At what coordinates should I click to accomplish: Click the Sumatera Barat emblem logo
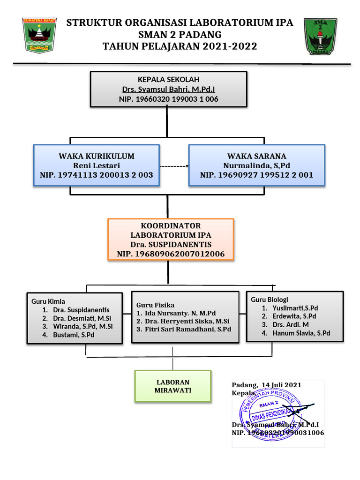point(39,35)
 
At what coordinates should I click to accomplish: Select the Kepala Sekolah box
point(168,89)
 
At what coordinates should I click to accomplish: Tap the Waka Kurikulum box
point(96,165)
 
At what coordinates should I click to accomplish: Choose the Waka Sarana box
point(256,165)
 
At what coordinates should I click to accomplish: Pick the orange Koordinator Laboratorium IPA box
point(171,240)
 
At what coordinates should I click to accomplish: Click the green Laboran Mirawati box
point(173,386)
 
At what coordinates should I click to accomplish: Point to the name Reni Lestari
point(97,165)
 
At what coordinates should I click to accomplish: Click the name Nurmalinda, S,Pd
point(257,165)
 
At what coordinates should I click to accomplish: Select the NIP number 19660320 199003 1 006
point(168,99)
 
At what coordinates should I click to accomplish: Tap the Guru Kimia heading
point(48,301)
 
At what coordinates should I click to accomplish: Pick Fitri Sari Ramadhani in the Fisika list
point(184,330)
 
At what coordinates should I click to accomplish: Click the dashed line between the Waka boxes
point(173,166)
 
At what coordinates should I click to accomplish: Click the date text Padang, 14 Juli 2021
point(267,385)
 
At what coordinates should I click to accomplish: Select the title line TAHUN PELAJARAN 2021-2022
point(180,46)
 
